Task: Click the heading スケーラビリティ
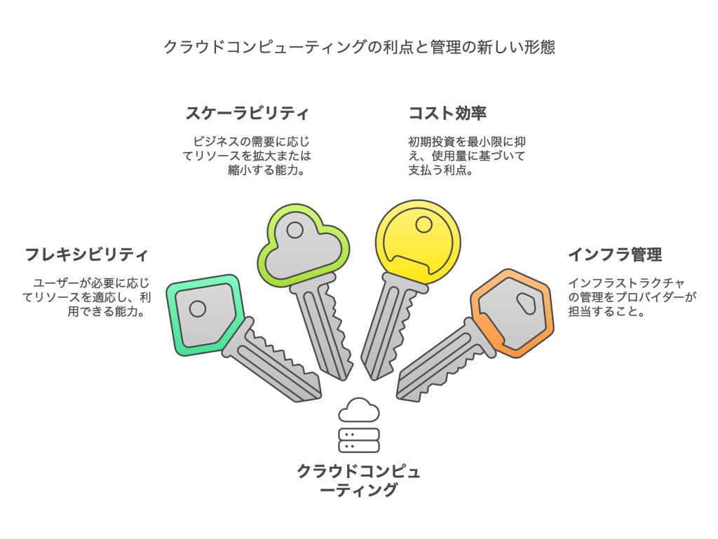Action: tap(247, 113)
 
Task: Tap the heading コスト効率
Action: tap(447, 113)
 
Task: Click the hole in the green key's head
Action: tap(295, 229)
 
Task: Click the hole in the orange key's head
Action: tap(526, 302)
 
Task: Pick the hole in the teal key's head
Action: tap(198, 308)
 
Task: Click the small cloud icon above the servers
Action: tap(358, 409)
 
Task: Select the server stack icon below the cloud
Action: tap(358, 440)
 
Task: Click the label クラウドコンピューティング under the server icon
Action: tap(358, 480)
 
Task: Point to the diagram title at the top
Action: tap(359, 48)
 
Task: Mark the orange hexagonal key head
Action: tap(512, 312)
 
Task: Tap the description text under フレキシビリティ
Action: tap(87, 297)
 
